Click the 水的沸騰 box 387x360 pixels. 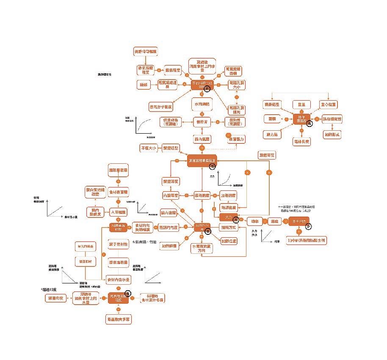pyautogui.click(x=202, y=104)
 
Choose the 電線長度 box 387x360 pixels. pyautogui.click(x=301, y=140)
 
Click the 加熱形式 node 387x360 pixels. pyautogui.click(x=332, y=135)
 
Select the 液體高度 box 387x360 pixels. pyautogui.click(x=267, y=156)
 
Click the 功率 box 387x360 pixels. pyautogui.click(x=254, y=221)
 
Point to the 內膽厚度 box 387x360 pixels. pyautogui.click(x=170, y=195)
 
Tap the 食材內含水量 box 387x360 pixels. pyautogui.click(x=118, y=280)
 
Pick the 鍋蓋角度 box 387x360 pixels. pyautogui.click(x=56, y=298)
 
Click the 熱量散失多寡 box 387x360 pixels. pyautogui.click(x=118, y=319)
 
